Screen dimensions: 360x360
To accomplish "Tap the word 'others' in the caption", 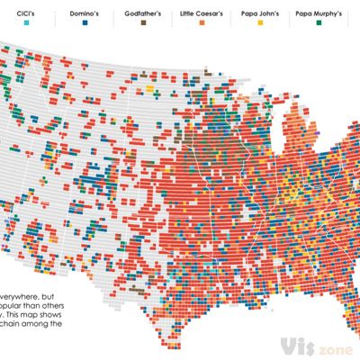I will (59, 305).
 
